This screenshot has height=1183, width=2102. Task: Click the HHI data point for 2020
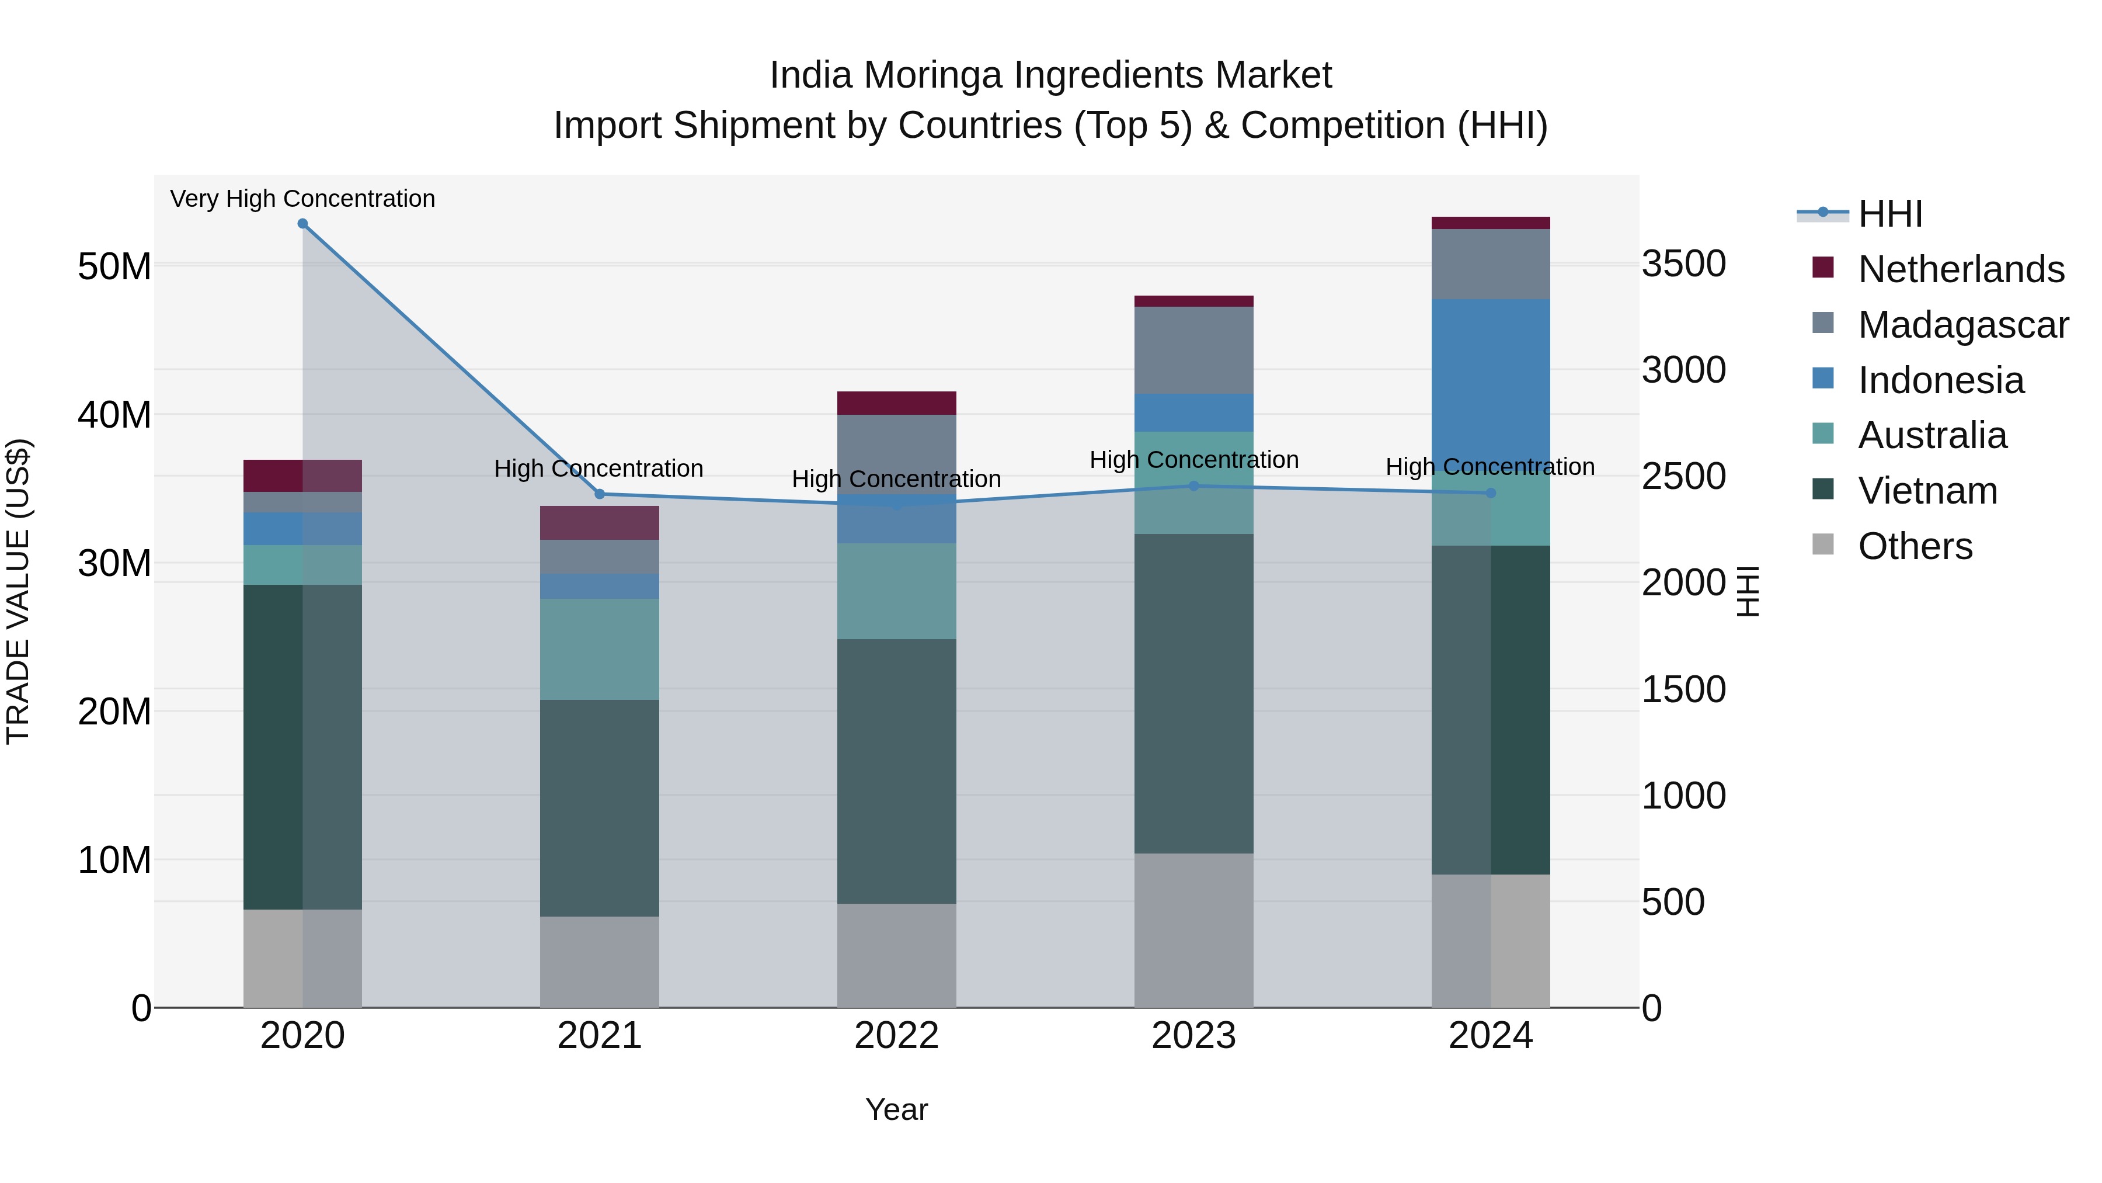pyautogui.click(x=302, y=224)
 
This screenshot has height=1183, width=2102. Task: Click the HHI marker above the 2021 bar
pyautogui.click(x=600, y=494)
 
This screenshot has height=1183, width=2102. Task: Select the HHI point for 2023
pyautogui.click(x=1194, y=486)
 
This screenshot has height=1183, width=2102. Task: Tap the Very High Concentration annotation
pyautogui.click(x=302, y=199)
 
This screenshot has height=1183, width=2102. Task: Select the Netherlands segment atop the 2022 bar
pyautogui.click(x=897, y=403)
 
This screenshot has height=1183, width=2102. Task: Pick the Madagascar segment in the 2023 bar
pyautogui.click(x=1194, y=351)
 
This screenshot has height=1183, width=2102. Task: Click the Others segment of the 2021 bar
pyautogui.click(x=600, y=962)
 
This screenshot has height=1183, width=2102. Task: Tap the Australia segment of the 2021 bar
pyautogui.click(x=600, y=649)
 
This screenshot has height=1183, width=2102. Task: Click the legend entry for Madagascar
pyautogui.click(x=1962, y=325)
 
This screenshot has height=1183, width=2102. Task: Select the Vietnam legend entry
pyautogui.click(x=1927, y=491)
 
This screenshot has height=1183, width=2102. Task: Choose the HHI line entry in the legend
pyautogui.click(x=1890, y=214)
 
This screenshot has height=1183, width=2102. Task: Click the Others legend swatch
pyautogui.click(x=1823, y=544)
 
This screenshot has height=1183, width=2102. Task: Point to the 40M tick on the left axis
pyautogui.click(x=114, y=415)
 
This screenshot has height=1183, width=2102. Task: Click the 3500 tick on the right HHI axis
pyautogui.click(x=1683, y=263)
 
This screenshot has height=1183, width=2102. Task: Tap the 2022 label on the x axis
pyautogui.click(x=897, y=1036)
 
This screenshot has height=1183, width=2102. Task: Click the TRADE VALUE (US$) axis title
pyautogui.click(x=18, y=591)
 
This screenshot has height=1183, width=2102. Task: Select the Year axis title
pyautogui.click(x=897, y=1109)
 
